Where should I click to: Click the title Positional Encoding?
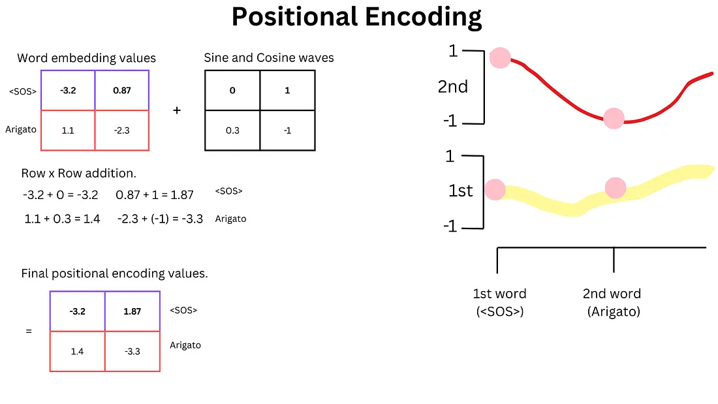pos(356,18)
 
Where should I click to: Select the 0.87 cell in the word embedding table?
pos(121,90)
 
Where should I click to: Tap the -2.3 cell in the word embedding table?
pos(121,131)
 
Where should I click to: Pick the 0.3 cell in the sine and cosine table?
pos(232,131)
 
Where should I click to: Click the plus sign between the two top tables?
pos(176,110)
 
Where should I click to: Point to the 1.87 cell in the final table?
pos(133,311)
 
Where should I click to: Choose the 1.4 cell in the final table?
pos(77,351)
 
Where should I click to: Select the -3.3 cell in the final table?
pos(133,351)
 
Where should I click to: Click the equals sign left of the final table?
pos(29,331)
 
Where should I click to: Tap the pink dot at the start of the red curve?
pos(501,57)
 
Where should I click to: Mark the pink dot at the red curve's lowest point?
pos(614,119)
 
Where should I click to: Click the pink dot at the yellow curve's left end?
pos(495,190)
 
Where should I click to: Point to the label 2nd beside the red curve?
pos(453,86)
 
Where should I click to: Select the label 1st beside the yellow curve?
pos(461,191)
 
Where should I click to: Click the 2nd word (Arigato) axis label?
pos(612,302)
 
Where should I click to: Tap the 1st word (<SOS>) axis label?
pos(499,302)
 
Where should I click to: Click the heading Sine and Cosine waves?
pos(269,57)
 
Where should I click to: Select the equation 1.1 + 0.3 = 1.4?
pos(62,219)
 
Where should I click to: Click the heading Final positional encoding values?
pos(114,273)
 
